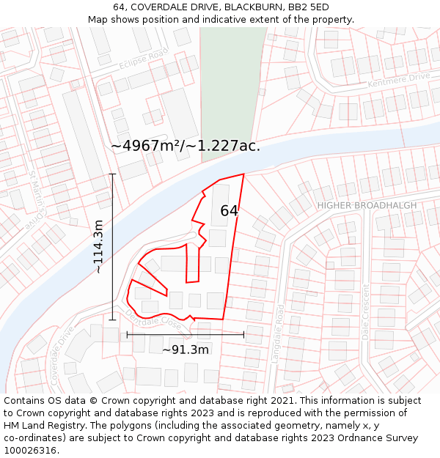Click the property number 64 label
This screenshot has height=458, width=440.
pyautogui.click(x=230, y=211)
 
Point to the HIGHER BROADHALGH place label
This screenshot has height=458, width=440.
pyautogui.click(x=367, y=205)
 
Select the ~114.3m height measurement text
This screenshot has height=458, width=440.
pyautogui.click(x=98, y=247)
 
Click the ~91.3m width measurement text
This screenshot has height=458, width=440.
pyautogui.click(x=186, y=350)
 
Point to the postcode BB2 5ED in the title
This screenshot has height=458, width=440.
pyautogui.click(x=309, y=7)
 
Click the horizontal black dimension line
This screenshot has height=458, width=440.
pyautogui.click(x=186, y=334)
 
